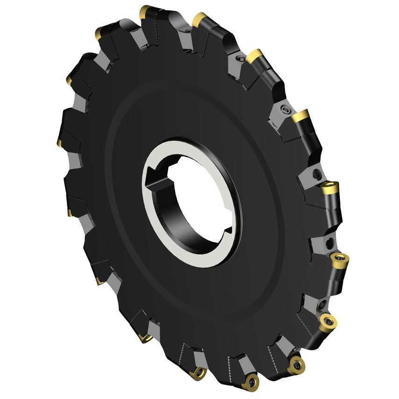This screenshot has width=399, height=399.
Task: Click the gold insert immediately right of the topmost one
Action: point(200,20)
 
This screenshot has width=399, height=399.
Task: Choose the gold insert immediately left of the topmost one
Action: point(100,32)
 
